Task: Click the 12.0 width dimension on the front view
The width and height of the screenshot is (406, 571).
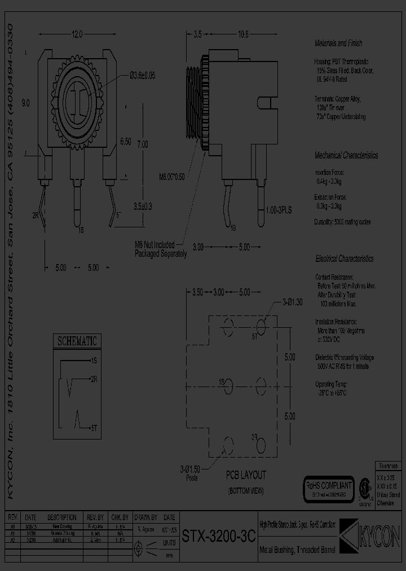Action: pyautogui.click(x=77, y=34)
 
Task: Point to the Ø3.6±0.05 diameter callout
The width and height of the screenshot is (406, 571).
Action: pyautogui.click(x=142, y=75)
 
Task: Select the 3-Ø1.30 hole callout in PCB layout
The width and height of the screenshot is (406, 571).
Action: pyautogui.click(x=290, y=302)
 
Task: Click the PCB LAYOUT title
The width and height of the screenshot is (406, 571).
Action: pyautogui.click(x=246, y=475)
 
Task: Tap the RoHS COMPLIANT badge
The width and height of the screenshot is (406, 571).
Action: pyautogui.click(x=328, y=485)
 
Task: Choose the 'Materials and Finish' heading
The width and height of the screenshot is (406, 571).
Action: pyautogui.click(x=338, y=43)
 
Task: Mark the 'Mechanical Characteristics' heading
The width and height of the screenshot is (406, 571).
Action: pyautogui.click(x=346, y=156)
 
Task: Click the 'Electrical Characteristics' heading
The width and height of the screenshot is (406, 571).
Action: pyautogui.click(x=344, y=258)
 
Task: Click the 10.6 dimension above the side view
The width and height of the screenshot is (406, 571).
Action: pyautogui.click(x=243, y=35)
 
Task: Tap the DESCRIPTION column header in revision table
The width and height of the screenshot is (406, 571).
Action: pyautogui.click(x=62, y=517)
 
